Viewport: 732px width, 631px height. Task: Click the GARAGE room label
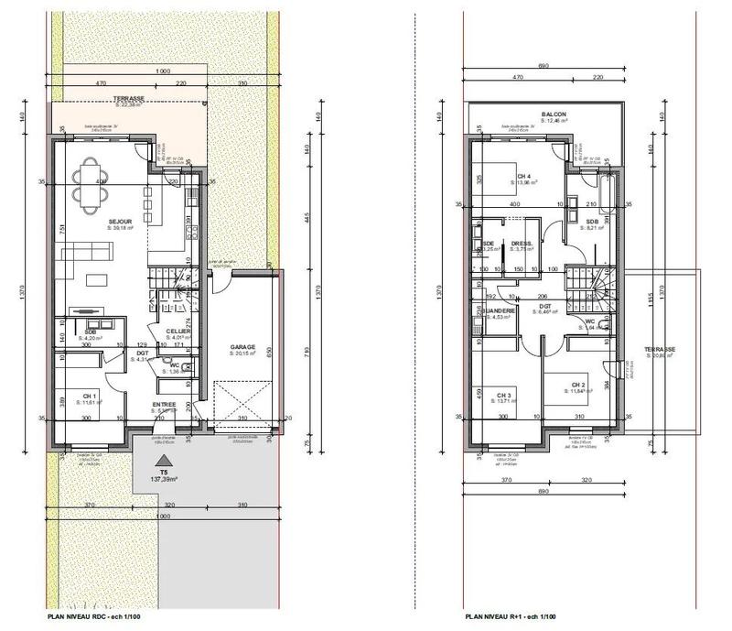[242, 347]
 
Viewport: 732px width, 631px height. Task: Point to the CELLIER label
[178, 332]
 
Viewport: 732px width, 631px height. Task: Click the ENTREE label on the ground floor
[164, 404]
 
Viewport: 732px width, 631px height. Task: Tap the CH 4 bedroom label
[523, 177]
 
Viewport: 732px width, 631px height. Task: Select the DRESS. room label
[523, 243]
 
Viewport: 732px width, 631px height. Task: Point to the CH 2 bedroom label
[577, 385]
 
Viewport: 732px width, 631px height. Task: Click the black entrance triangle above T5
[163, 461]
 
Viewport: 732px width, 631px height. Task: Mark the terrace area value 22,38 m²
[129, 105]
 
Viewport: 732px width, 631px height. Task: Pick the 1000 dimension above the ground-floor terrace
[163, 71]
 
